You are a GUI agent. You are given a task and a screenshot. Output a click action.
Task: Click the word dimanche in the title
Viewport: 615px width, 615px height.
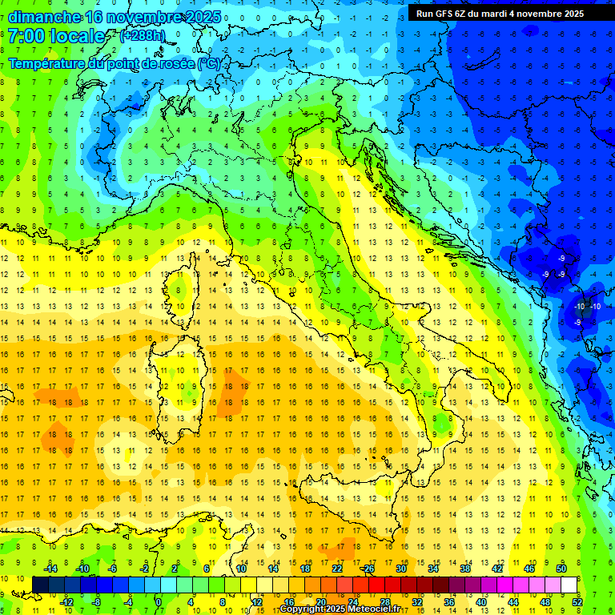45,17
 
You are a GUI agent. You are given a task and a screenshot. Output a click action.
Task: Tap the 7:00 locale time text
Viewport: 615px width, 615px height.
57,36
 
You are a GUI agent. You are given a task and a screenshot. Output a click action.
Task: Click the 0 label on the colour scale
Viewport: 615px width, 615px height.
158,602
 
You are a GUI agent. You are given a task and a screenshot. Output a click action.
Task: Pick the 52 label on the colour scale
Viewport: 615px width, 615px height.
577,602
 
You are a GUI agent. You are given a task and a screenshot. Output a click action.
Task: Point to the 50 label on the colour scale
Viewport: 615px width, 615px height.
561,569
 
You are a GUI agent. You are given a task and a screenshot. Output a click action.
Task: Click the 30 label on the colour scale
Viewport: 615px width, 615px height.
401,569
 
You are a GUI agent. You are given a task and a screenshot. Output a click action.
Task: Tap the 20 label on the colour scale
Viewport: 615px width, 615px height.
320,602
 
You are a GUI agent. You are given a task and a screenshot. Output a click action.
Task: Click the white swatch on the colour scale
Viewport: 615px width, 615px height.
569,585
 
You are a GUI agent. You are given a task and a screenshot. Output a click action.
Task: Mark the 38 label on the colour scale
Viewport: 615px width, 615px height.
465,569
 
